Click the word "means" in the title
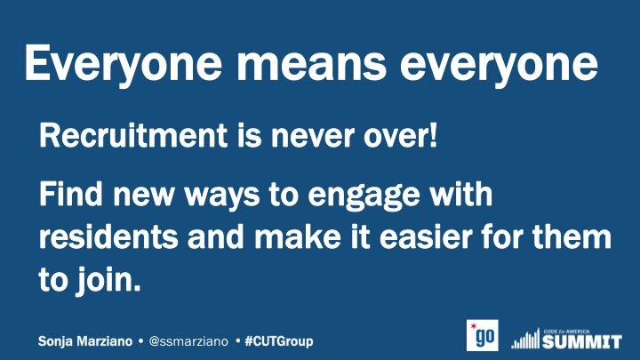311,62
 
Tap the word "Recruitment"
133,135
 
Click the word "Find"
70,194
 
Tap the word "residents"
108,236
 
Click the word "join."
108,280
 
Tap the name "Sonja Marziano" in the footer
85,341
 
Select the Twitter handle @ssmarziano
188,341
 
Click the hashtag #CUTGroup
279,341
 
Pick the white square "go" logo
483,335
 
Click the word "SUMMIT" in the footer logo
582,341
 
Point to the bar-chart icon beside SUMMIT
525,340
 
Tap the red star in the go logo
474,326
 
